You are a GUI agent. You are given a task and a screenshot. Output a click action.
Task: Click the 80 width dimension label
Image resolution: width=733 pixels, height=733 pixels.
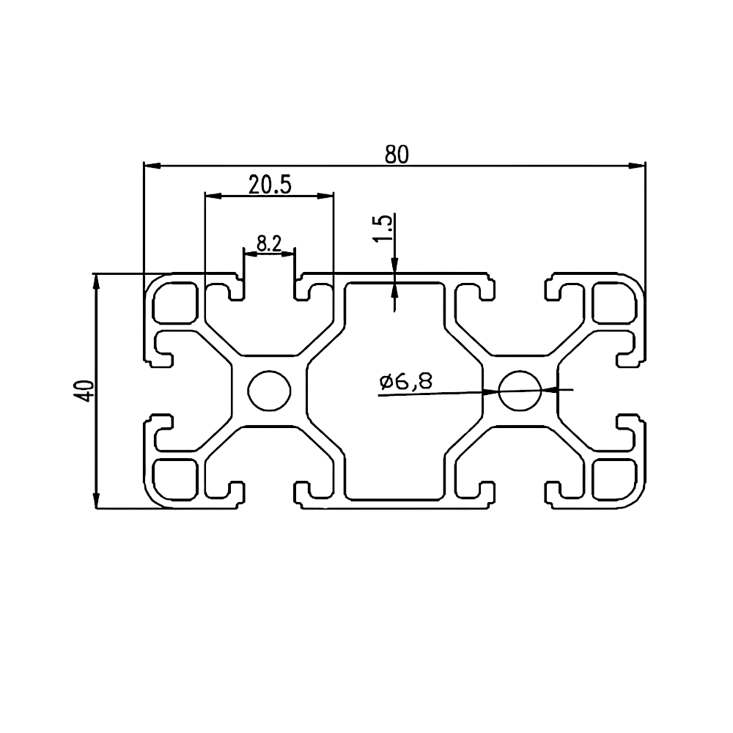(397, 155)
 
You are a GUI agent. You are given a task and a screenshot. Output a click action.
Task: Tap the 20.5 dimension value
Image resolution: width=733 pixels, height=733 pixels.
(270, 185)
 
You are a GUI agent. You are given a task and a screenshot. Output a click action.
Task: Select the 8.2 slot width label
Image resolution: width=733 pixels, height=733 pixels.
(269, 243)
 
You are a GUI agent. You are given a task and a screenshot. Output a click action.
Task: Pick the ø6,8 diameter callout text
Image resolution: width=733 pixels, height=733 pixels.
(406, 381)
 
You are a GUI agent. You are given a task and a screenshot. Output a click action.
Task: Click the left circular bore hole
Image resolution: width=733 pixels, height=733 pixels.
(269, 391)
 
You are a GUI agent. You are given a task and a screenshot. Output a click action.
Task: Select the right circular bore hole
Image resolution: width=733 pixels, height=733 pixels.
(520, 391)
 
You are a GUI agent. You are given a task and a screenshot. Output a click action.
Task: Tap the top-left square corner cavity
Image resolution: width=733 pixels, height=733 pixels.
(174, 303)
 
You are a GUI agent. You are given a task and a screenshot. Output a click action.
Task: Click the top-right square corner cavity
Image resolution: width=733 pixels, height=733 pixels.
(614, 303)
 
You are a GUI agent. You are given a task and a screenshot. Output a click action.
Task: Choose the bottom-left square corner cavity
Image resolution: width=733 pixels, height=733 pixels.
(174, 479)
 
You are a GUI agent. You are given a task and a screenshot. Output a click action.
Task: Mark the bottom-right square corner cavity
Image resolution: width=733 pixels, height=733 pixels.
(614, 479)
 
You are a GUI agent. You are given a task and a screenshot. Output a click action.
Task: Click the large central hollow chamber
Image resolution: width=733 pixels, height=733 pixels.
(394, 391)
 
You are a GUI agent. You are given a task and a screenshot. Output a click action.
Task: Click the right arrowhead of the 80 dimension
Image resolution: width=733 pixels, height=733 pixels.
(637, 166)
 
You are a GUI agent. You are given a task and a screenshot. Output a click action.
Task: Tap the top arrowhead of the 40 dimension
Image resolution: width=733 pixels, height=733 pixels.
(96, 282)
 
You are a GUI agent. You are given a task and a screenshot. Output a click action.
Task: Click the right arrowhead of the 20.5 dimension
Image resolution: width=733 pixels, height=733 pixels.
(325, 196)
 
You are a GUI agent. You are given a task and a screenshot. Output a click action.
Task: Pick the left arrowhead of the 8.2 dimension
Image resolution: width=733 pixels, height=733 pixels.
(251, 254)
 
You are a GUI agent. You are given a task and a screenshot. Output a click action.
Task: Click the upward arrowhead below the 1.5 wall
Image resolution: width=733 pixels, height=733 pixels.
(394, 291)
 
